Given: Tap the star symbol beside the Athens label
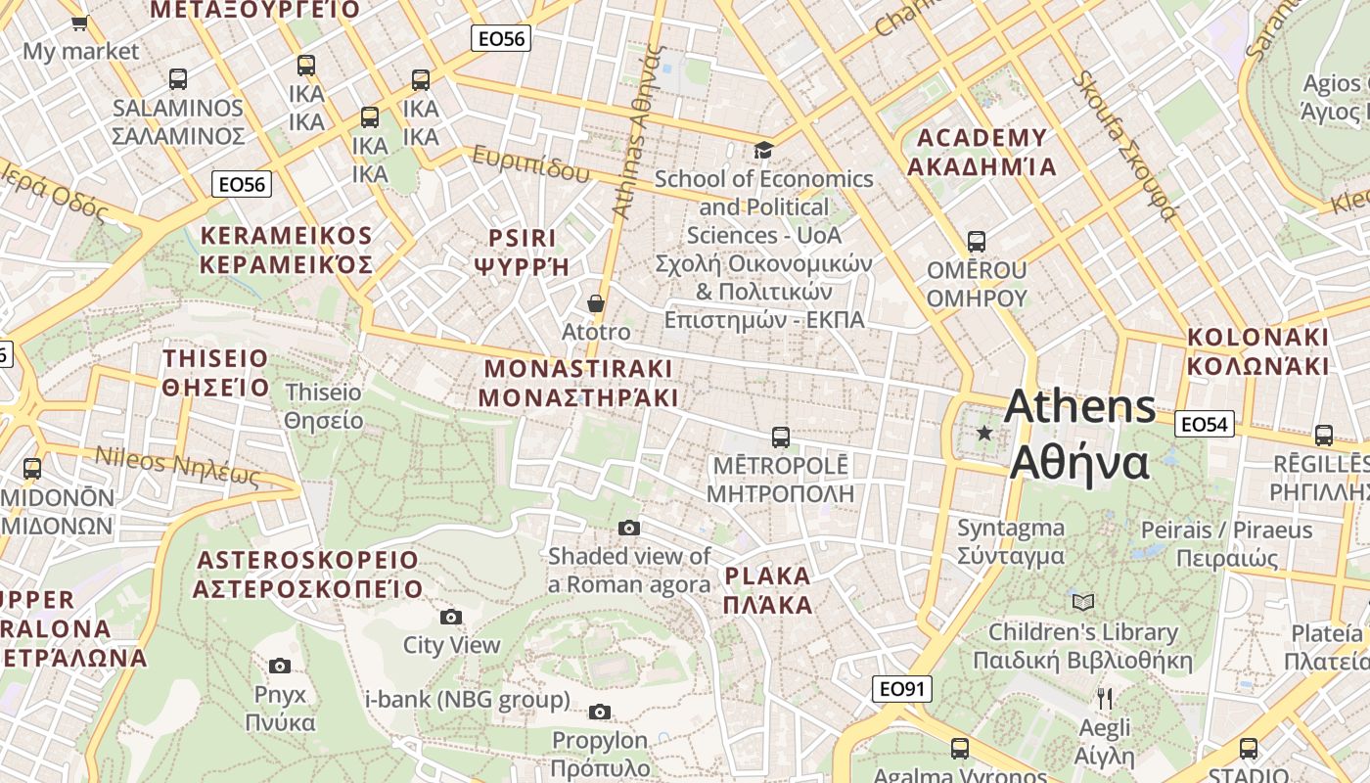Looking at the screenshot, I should pos(984,433).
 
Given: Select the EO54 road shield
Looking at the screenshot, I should pos(1204,424).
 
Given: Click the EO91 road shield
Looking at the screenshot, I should pos(901,689).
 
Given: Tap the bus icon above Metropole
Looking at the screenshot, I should pos(780,437).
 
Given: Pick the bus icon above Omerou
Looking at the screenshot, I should pos(976,241).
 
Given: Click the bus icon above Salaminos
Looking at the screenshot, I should pos(177,78).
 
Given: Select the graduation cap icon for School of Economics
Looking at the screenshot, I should pos(763,150).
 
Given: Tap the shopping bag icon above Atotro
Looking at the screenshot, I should pos(595,303).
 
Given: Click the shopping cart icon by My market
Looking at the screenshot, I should pos(80,22).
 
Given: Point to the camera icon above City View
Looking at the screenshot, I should pos(451,617).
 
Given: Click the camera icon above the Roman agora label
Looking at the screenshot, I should pos(629,529).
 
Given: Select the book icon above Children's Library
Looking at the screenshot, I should pos(1082,602).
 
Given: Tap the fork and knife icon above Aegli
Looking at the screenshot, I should pos(1105,699).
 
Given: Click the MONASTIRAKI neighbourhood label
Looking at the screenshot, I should pos(578,383).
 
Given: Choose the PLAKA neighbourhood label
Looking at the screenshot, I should pos(768,590).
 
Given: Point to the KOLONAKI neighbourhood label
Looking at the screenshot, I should pos(1258,352).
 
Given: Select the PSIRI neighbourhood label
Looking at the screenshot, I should pos(522,252).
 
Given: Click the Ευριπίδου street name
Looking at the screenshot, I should pos(531,163).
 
